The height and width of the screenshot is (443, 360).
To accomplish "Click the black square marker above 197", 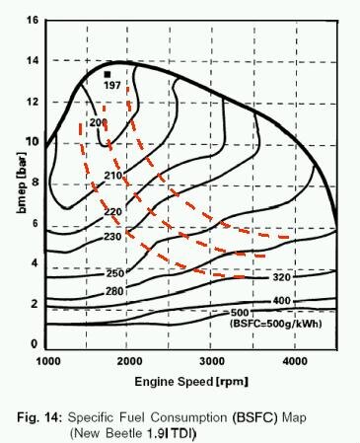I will (107, 74).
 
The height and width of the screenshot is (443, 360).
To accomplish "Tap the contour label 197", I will (111, 87).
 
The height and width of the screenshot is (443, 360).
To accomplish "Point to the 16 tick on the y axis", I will (34, 20).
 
